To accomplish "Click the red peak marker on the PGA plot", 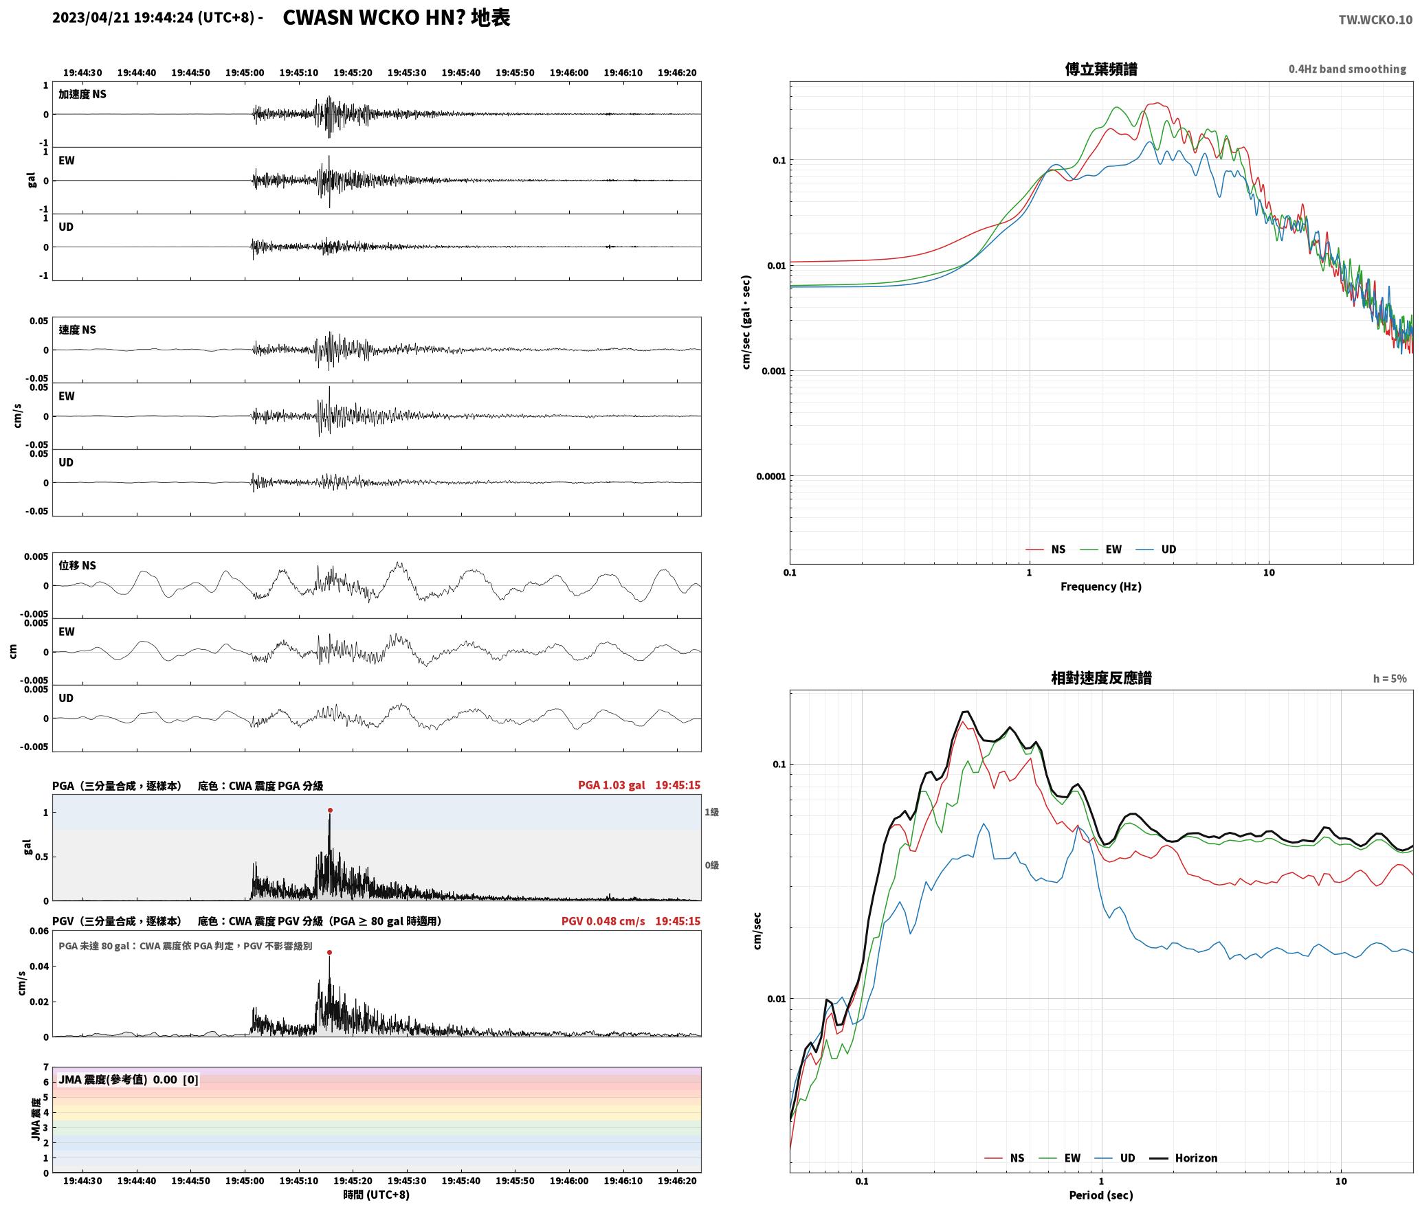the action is [x=330, y=811].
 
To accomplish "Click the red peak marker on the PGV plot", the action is [x=330, y=953].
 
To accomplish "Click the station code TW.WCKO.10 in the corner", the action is [x=1375, y=20].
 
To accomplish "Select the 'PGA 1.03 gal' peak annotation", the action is [x=611, y=785].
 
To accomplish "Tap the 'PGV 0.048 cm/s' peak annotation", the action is [x=603, y=921].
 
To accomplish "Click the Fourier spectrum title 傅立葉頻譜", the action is [x=1101, y=69].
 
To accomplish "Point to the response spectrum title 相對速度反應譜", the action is [x=1101, y=678].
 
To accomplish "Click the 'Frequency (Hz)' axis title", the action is [x=1101, y=587].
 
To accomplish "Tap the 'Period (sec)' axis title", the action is [x=1101, y=1195].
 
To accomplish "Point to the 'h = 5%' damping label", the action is [x=1390, y=679].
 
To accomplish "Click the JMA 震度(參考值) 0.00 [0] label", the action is [x=129, y=1080].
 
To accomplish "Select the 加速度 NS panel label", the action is [x=82, y=94].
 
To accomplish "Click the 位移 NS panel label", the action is [x=78, y=565].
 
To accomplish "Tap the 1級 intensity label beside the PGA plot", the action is [x=711, y=812].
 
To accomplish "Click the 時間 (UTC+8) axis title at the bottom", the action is [x=377, y=1195].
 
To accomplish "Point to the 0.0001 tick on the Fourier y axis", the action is [x=770, y=477].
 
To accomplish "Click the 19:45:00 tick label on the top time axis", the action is [x=245, y=73].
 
